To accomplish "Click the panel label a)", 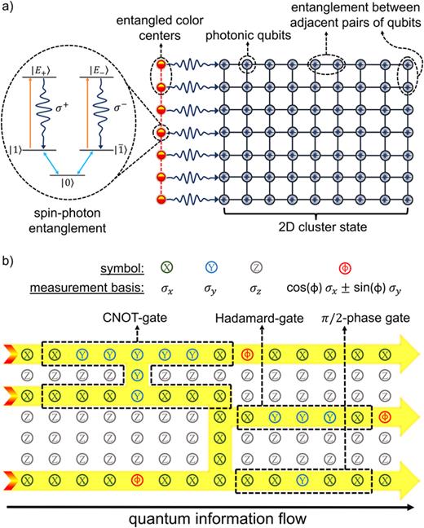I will point(10,9).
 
